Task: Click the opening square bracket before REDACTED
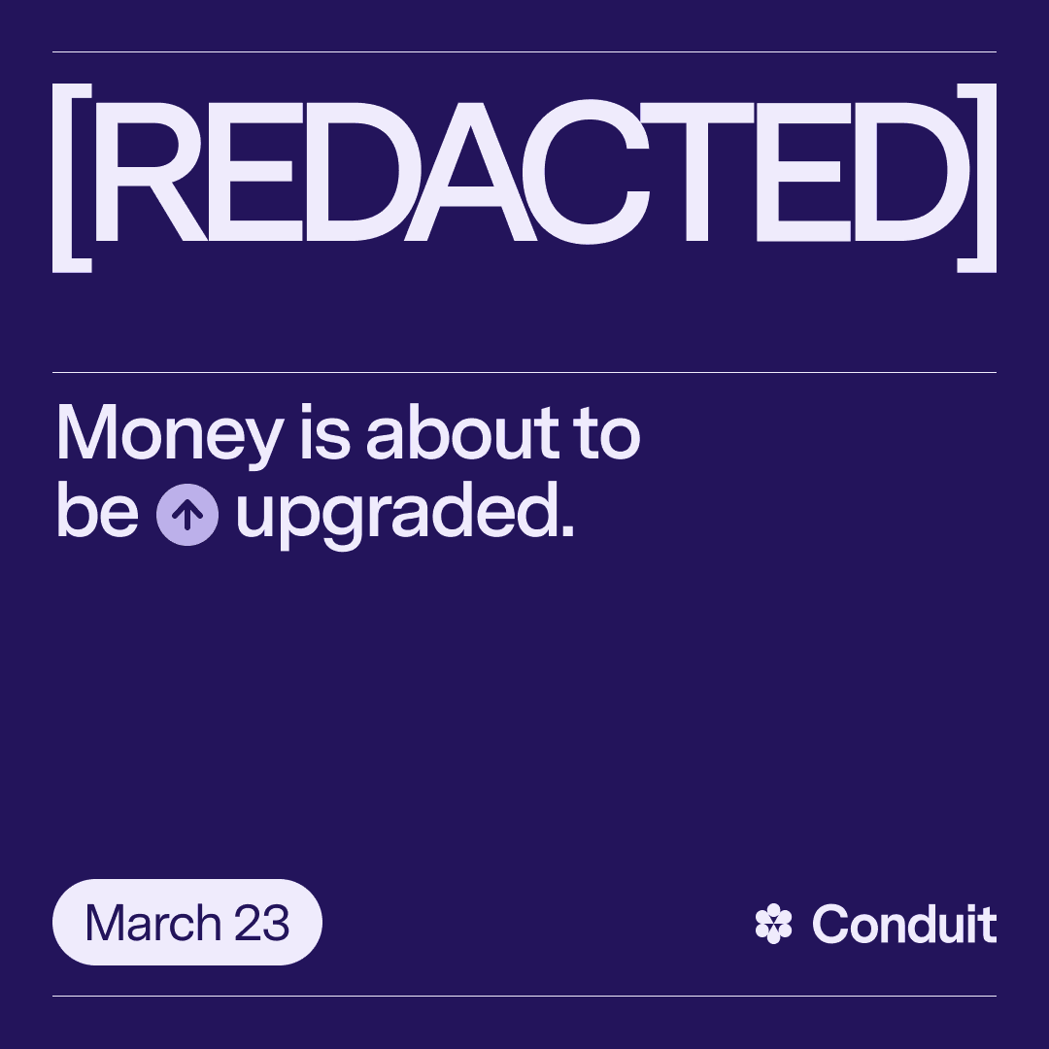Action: (x=59, y=178)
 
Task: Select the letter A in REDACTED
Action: (x=470, y=172)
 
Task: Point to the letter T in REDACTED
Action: (x=697, y=172)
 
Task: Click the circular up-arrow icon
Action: (x=187, y=515)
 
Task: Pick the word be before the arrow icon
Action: (x=98, y=510)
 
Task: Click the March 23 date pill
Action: (x=187, y=922)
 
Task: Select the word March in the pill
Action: (x=153, y=923)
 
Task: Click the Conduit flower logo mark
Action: (x=773, y=924)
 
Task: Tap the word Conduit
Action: (x=904, y=924)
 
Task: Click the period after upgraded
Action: (x=567, y=530)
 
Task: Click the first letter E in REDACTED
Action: (x=254, y=172)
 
